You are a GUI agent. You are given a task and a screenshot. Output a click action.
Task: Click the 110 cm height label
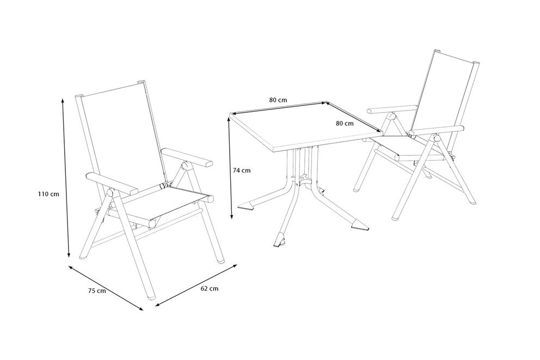click(x=48, y=194)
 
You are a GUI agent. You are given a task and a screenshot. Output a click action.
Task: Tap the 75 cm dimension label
click(x=96, y=291)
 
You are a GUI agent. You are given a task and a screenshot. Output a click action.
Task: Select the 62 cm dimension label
click(x=209, y=289)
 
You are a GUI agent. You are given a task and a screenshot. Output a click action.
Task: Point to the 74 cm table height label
click(x=242, y=170)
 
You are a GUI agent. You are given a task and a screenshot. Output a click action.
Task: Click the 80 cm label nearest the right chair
click(x=345, y=124)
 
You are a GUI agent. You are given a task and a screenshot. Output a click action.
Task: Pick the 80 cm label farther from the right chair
click(x=278, y=100)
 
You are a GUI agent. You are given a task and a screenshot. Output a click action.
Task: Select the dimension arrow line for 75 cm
click(x=106, y=288)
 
